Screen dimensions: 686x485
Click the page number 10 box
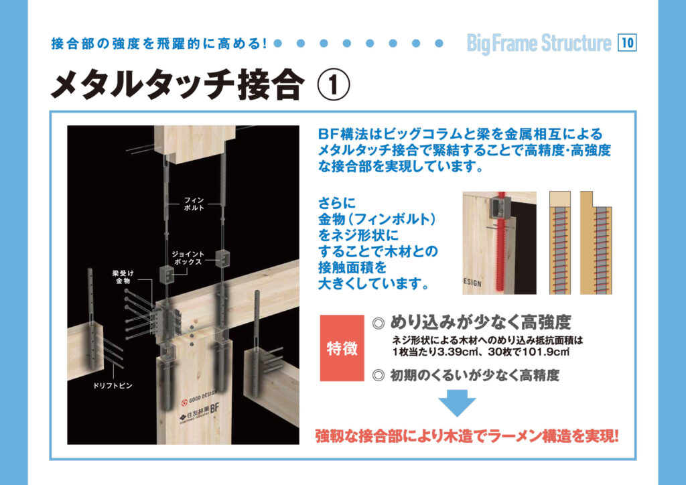(627, 43)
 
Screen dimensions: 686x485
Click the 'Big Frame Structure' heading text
(539, 44)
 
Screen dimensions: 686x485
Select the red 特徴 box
(342, 348)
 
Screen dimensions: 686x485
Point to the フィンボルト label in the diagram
(194, 204)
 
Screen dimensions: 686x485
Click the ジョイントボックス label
(188, 258)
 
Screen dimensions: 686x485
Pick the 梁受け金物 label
(123, 277)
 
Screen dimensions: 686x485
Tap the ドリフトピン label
(113, 386)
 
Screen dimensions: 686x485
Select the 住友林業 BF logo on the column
(200, 413)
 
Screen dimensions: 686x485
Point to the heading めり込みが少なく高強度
(480, 323)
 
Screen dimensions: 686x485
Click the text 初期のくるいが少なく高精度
(475, 375)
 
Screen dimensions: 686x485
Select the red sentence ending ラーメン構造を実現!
(467, 436)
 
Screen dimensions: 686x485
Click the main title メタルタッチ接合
(178, 85)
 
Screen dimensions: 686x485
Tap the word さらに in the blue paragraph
(337, 204)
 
